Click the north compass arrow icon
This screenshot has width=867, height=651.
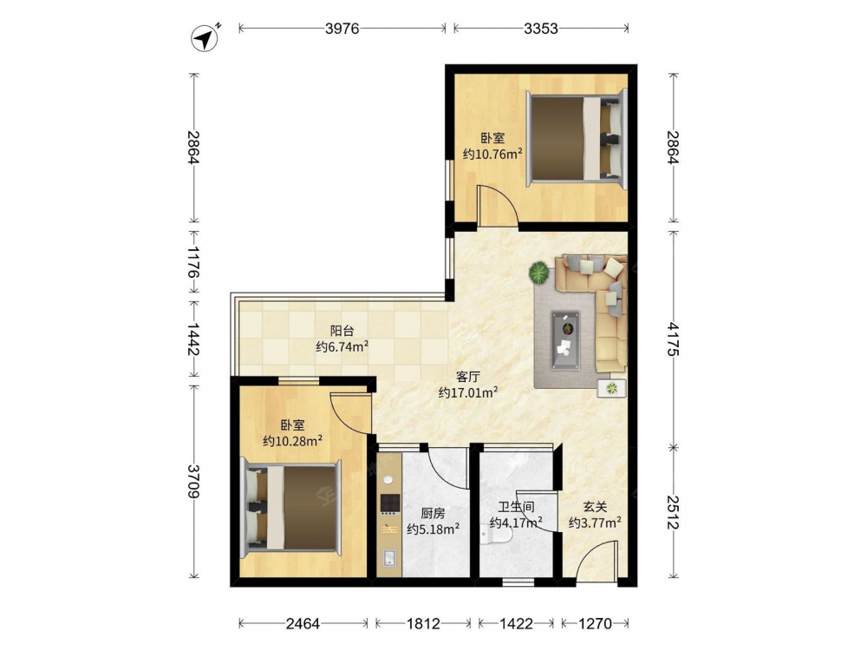205,38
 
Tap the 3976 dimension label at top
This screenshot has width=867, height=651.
342,29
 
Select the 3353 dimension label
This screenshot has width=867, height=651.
541,29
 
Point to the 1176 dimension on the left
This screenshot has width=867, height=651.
193,262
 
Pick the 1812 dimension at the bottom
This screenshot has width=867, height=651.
424,624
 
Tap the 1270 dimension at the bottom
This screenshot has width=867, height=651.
596,624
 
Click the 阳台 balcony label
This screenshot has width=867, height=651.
342,331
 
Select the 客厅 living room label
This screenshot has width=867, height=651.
468,377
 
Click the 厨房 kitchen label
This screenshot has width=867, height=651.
433,514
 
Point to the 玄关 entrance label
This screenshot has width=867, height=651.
595,507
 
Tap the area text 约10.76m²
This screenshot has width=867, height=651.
492,154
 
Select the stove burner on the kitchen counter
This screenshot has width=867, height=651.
390,503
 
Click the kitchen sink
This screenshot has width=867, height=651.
389,558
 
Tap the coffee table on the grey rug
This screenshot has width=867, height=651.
565,339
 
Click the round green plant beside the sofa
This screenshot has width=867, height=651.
538,273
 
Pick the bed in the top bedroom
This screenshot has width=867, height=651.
576,138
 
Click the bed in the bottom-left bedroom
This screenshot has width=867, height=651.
290,507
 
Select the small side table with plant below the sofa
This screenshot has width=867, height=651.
611,388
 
